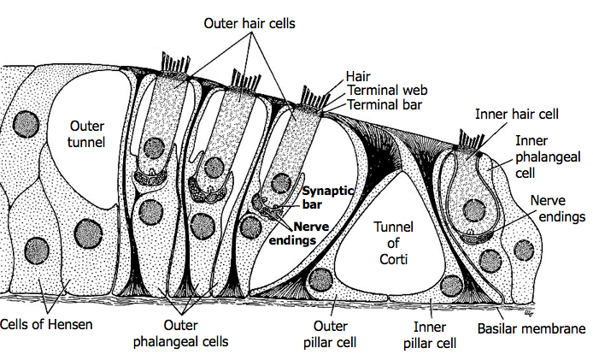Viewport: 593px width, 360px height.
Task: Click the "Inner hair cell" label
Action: [517, 112]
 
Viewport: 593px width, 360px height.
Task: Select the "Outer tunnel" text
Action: [86, 134]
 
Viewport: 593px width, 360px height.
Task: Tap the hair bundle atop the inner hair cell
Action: [470, 137]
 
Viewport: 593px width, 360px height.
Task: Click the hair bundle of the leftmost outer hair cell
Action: [168, 62]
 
